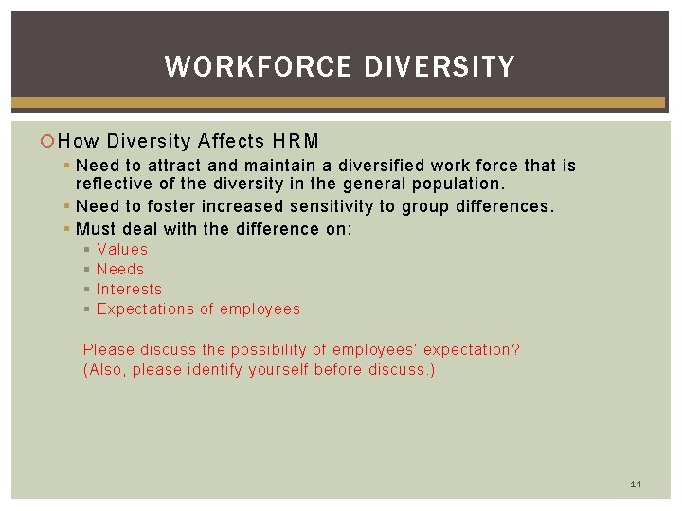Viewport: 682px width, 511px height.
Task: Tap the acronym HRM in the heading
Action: coord(296,142)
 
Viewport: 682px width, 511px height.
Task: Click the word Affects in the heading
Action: coord(232,142)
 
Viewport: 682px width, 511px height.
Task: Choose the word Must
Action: coord(96,228)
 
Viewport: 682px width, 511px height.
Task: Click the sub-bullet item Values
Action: coord(122,249)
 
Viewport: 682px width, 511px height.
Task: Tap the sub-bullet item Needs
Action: coord(120,269)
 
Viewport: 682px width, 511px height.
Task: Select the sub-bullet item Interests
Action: coord(129,289)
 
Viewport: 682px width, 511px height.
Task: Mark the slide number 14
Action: coord(636,484)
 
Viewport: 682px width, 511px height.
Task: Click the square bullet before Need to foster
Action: coord(68,205)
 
